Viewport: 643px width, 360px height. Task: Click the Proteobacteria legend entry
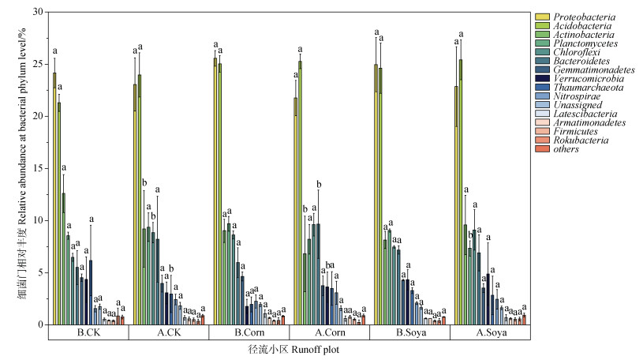coord(585,17)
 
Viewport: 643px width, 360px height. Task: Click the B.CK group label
coord(88,333)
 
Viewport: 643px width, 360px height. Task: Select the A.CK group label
coord(169,333)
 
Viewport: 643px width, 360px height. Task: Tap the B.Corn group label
coord(249,333)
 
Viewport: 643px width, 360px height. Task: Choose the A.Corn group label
coord(330,333)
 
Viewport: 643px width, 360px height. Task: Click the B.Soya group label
coord(410,333)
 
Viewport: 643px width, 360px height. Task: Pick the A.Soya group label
coord(491,333)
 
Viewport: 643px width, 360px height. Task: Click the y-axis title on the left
coord(17,169)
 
